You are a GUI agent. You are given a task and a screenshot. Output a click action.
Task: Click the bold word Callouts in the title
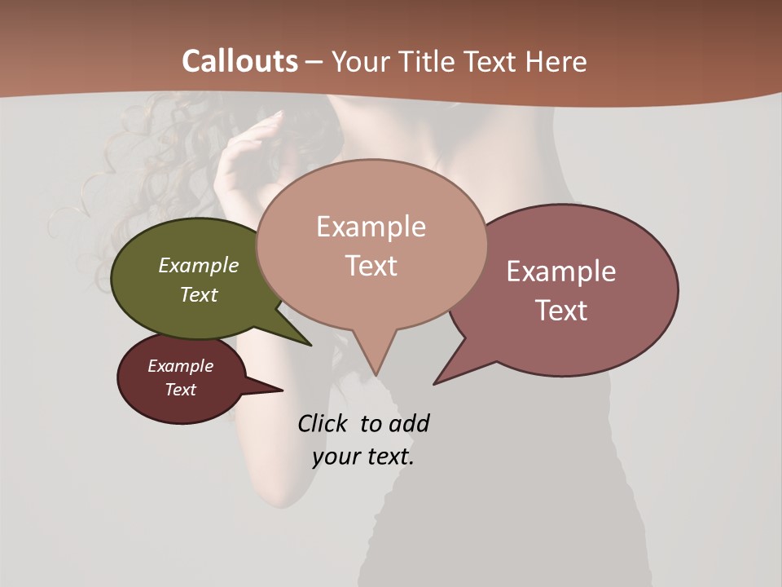tap(239, 61)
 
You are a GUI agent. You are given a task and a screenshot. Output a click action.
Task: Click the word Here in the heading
tap(557, 61)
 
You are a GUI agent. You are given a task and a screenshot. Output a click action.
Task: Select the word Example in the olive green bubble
tap(199, 265)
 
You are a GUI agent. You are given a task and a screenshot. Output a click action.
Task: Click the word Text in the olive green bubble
tap(199, 294)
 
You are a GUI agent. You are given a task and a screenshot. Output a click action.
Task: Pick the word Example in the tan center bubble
tap(371, 227)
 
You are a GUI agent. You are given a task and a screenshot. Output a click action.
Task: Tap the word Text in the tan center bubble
tap(371, 266)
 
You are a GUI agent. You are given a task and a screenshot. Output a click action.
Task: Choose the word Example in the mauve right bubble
tap(561, 271)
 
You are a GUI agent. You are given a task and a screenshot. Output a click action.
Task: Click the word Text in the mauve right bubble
tap(561, 311)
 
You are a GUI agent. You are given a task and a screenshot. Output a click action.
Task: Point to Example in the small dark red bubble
tap(181, 366)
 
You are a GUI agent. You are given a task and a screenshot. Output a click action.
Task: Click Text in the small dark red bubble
tap(181, 390)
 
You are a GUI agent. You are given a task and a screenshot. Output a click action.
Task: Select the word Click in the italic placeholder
tap(324, 423)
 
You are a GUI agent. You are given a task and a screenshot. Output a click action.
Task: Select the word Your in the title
tap(356, 61)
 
